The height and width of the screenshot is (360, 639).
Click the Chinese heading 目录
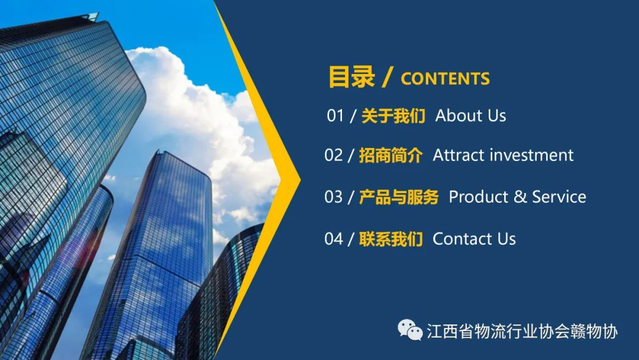coord(351,76)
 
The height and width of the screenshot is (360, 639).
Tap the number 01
coord(335,116)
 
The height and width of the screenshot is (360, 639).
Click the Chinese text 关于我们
coord(393,116)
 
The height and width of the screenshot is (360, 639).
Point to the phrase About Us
coord(471,116)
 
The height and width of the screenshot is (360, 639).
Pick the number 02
coord(334,155)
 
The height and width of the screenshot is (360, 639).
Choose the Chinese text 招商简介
coord(391,155)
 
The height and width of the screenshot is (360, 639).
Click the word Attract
coord(459,155)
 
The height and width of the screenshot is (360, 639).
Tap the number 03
coord(334,197)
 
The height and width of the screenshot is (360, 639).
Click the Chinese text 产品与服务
coord(399,197)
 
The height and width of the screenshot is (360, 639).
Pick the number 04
coord(334,239)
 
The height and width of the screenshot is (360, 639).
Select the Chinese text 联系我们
coord(391,239)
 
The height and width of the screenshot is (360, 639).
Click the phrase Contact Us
coord(475,239)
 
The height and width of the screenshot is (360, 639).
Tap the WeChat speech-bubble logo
coord(410,330)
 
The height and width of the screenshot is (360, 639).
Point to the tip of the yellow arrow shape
coord(301,179)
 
